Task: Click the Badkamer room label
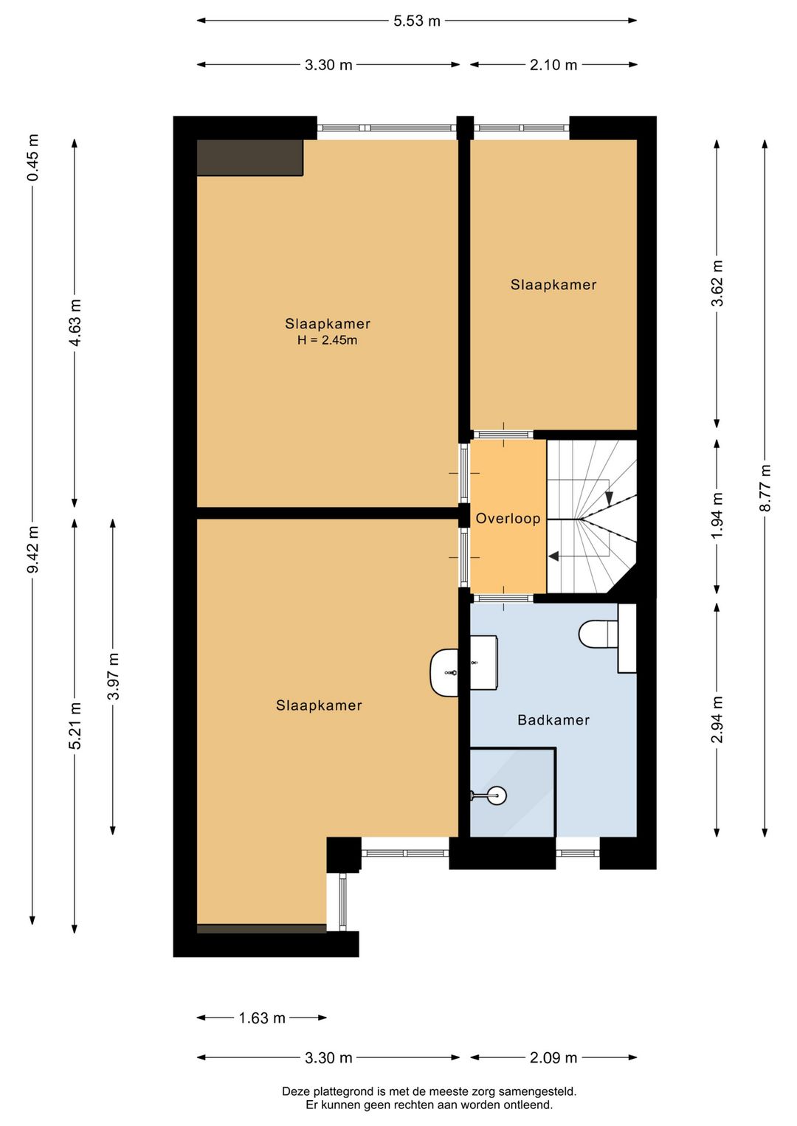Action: pos(553,720)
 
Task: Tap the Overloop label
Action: pos(508,518)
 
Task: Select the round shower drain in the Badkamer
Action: pos(497,795)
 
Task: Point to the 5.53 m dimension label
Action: pos(416,21)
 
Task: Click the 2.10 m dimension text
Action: pos(553,65)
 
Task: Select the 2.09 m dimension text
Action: pos(553,1058)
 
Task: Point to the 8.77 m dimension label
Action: pos(765,488)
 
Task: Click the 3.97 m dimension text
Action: pos(113,676)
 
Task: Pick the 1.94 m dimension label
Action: pos(717,515)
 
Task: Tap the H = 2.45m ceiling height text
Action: pos(327,340)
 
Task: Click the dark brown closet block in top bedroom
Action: pos(250,158)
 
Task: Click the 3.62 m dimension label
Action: pos(717,283)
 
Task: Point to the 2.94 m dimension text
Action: pos(717,719)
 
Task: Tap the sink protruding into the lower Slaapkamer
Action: pos(444,672)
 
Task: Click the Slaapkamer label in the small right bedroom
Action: pos(553,285)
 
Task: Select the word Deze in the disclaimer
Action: pos(294,1091)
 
